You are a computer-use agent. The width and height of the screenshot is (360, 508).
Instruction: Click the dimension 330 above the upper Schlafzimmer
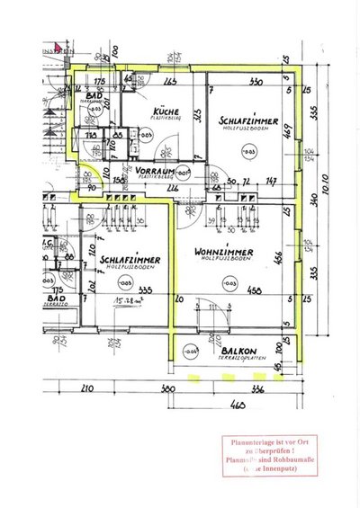(x=254, y=83)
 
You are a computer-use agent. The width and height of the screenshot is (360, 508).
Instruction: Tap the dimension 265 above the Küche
(x=171, y=83)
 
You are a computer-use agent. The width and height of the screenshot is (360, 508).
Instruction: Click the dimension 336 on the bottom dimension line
(x=256, y=389)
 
